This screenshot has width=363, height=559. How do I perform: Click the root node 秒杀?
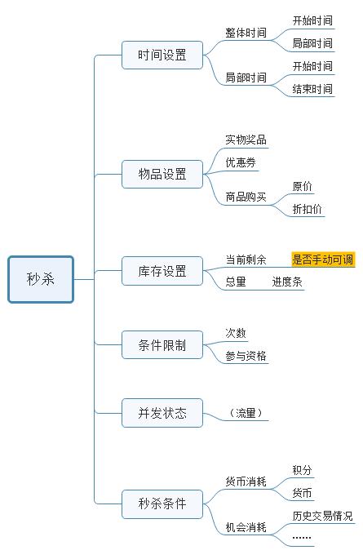point(41,279)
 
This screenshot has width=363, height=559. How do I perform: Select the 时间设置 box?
point(162,55)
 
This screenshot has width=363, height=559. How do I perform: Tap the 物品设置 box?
point(162,174)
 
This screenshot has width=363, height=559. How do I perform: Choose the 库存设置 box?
point(162,271)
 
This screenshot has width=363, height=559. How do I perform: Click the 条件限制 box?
point(162,344)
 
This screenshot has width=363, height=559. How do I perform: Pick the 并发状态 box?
point(162,413)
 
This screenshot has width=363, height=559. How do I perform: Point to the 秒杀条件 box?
point(162,504)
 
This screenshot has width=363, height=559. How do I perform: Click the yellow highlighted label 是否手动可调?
point(323,260)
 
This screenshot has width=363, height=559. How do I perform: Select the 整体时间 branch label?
point(246,33)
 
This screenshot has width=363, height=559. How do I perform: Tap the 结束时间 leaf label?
point(312,89)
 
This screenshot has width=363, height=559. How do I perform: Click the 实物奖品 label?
point(246,140)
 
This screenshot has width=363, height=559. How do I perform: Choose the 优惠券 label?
point(241,162)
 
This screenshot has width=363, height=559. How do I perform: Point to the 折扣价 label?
point(307,209)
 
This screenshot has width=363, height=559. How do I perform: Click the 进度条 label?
point(287,282)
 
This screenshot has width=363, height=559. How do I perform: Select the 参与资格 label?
point(246,356)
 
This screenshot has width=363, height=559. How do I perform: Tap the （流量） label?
point(246,413)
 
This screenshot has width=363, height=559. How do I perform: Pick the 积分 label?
point(302,470)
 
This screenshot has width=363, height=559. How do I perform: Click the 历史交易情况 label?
point(323,516)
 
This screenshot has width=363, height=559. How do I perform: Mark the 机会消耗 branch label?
point(246,527)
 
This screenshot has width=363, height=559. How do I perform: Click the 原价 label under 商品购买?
point(302,186)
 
